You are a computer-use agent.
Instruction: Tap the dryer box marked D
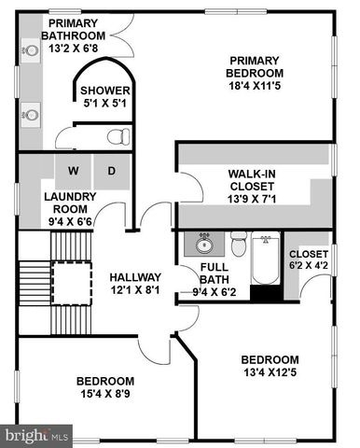(110, 171)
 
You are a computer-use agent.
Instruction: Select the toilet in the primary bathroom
(117, 137)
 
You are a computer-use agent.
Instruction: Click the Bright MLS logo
(38, 435)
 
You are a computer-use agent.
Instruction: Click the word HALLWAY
(135, 277)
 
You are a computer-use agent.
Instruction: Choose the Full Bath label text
(215, 273)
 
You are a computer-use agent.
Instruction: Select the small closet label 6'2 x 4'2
(308, 267)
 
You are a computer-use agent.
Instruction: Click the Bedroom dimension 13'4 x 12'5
(270, 374)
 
